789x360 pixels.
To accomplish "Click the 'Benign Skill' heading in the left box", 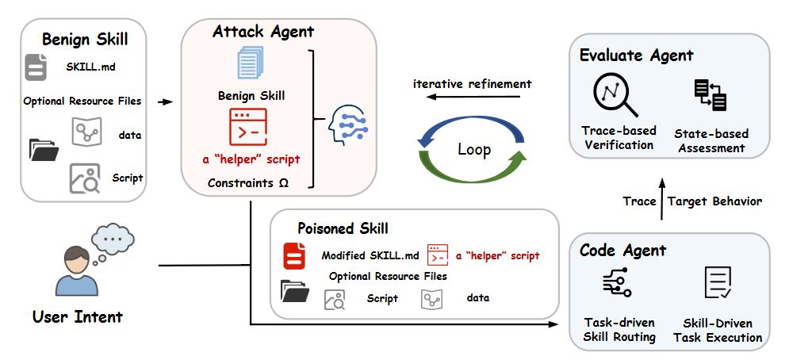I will tap(85, 39).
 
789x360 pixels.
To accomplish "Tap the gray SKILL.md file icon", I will tap(36, 67).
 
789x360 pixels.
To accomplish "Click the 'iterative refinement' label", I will tap(473, 83).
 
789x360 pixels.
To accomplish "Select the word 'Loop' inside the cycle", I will tap(474, 149).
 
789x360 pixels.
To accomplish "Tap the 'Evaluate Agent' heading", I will tap(636, 55).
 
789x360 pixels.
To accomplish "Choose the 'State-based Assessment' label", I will tap(711, 140).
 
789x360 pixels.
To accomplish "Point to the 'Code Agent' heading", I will tap(622, 251).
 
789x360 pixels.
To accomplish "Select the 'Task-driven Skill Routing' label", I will tap(619, 330).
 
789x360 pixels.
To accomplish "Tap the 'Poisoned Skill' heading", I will tap(343, 228).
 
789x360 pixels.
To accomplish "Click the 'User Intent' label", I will tap(78, 317).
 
